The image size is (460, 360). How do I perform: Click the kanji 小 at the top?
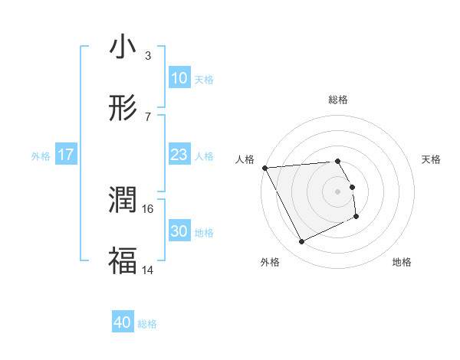[x=123, y=48]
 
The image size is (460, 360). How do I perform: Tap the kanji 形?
[x=123, y=109]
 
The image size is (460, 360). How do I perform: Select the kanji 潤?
[x=123, y=201]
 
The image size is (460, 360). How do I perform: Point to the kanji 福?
[x=123, y=260]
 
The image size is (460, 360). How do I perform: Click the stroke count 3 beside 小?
[x=147, y=56]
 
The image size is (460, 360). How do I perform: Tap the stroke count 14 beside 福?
[x=148, y=270]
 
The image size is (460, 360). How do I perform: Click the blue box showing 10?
[x=179, y=78]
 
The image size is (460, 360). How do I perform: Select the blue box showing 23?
[x=179, y=155]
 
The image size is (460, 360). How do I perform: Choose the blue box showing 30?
[x=179, y=231]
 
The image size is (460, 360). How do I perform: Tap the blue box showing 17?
[x=66, y=155]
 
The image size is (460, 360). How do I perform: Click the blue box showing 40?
[x=123, y=323]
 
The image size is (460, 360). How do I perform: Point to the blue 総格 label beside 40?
[x=147, y=324]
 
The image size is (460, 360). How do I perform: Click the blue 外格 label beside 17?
[x=41, y=155]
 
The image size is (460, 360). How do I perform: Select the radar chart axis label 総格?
[x=338, y=100]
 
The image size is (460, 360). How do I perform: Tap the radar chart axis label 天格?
[x=432, y=159]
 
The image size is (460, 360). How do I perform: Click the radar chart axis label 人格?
[x=245, y=159]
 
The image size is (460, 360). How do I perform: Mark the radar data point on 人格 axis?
[x=265, y=168]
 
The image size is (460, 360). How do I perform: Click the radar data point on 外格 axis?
[x=301, y=242]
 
